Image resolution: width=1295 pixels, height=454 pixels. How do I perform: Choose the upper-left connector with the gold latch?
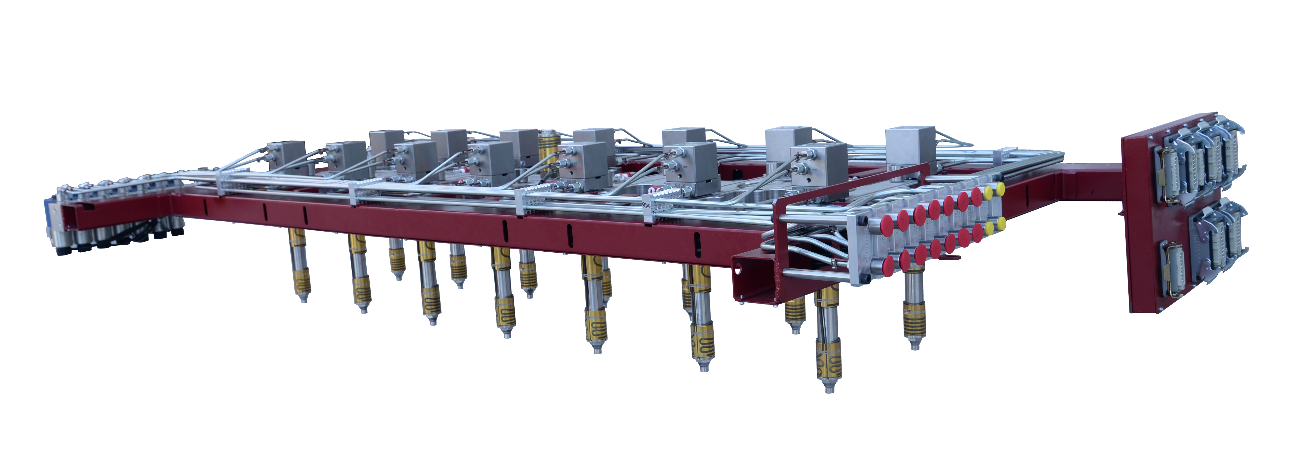click(1170, 173)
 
